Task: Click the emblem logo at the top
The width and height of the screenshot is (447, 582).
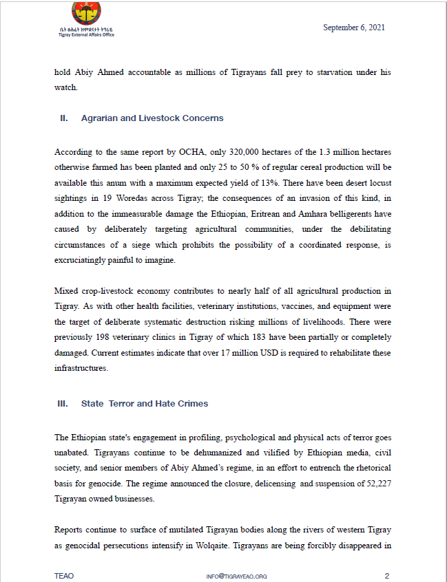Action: (86, 13)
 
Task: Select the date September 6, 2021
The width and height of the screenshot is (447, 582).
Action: (353, 28)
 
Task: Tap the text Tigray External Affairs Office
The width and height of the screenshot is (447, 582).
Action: (86, 34)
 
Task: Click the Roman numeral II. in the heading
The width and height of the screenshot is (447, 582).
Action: (63, 118)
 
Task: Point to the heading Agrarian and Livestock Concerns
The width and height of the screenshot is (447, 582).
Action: (152, 118)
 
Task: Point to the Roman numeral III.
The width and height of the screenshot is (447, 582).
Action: (63, 403)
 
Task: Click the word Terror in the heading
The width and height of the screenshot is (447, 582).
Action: (122, 403)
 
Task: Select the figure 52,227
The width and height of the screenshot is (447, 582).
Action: (376, 482)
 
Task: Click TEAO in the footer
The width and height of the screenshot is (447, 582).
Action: (64, 575)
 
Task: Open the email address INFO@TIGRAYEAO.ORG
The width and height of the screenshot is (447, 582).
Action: (236, 576)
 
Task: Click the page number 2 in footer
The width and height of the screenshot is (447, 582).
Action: (387, 575)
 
